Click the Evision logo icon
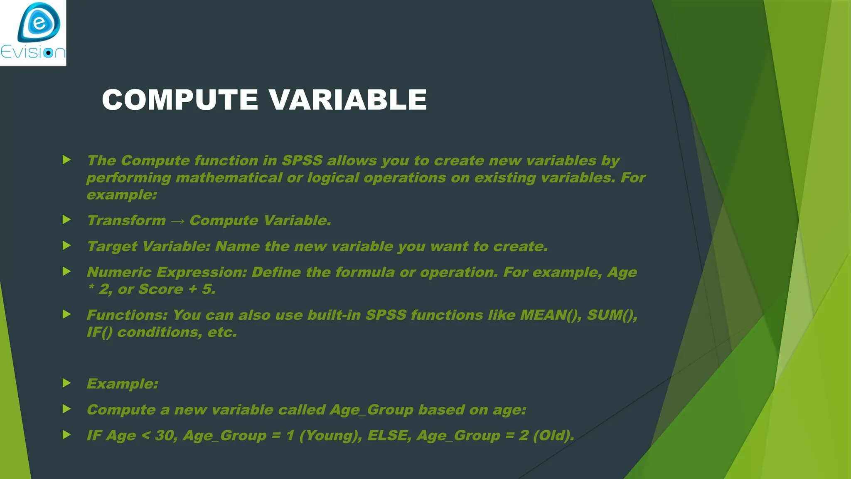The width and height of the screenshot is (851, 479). click(x=39, y=23)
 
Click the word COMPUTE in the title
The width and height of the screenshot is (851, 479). click(x=180, y=100)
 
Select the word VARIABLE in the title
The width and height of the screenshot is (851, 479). click(x=347, y=100)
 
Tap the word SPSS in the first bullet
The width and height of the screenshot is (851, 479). click(x=302, y=160)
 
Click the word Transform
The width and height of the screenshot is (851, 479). click(x=126, y=220)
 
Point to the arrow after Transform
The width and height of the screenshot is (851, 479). click(x=177, y=221)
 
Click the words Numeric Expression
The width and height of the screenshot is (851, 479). click(x=166, y=272)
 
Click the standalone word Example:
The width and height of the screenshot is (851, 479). click(x=122, y=384)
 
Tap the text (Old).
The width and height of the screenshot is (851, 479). click(x=553, y=435)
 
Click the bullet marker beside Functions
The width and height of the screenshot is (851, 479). click(x=66, y=314)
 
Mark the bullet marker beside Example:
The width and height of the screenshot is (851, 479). click(x=66, y=383)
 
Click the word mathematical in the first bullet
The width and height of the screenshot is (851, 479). click(x=229, y=178)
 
